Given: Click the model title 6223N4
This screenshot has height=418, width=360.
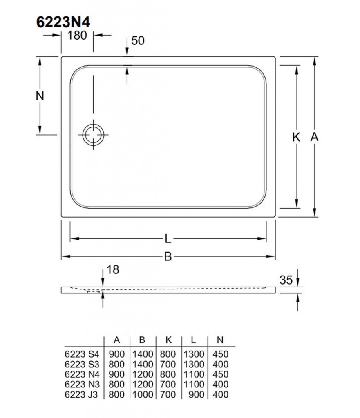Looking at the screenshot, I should [63, 22].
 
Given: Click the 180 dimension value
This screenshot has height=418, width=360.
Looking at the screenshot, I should [77, 36].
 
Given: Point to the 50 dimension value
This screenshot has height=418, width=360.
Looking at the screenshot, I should [139, 40].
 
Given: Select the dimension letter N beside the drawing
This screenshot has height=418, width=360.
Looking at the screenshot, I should [39, 96].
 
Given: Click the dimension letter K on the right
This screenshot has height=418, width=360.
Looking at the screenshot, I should [296, 138].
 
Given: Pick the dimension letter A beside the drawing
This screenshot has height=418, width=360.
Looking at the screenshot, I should [314, 138].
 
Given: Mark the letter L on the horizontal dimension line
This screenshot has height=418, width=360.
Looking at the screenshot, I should [168, 238].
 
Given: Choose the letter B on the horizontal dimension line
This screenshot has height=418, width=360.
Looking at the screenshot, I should [168, 256].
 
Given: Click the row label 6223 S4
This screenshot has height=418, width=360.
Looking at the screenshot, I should [82, 354].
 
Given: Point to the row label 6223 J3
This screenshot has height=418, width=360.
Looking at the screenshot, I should [82, 394].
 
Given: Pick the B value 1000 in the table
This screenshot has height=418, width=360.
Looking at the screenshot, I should [142, 394].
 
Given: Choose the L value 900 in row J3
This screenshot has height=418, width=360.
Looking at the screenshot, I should [197, 394].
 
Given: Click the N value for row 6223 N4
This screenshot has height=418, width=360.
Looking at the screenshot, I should [220, 374].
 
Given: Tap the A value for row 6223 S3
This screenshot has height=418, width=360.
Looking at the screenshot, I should [116, 364].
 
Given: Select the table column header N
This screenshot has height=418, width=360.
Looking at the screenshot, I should [220, 340].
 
